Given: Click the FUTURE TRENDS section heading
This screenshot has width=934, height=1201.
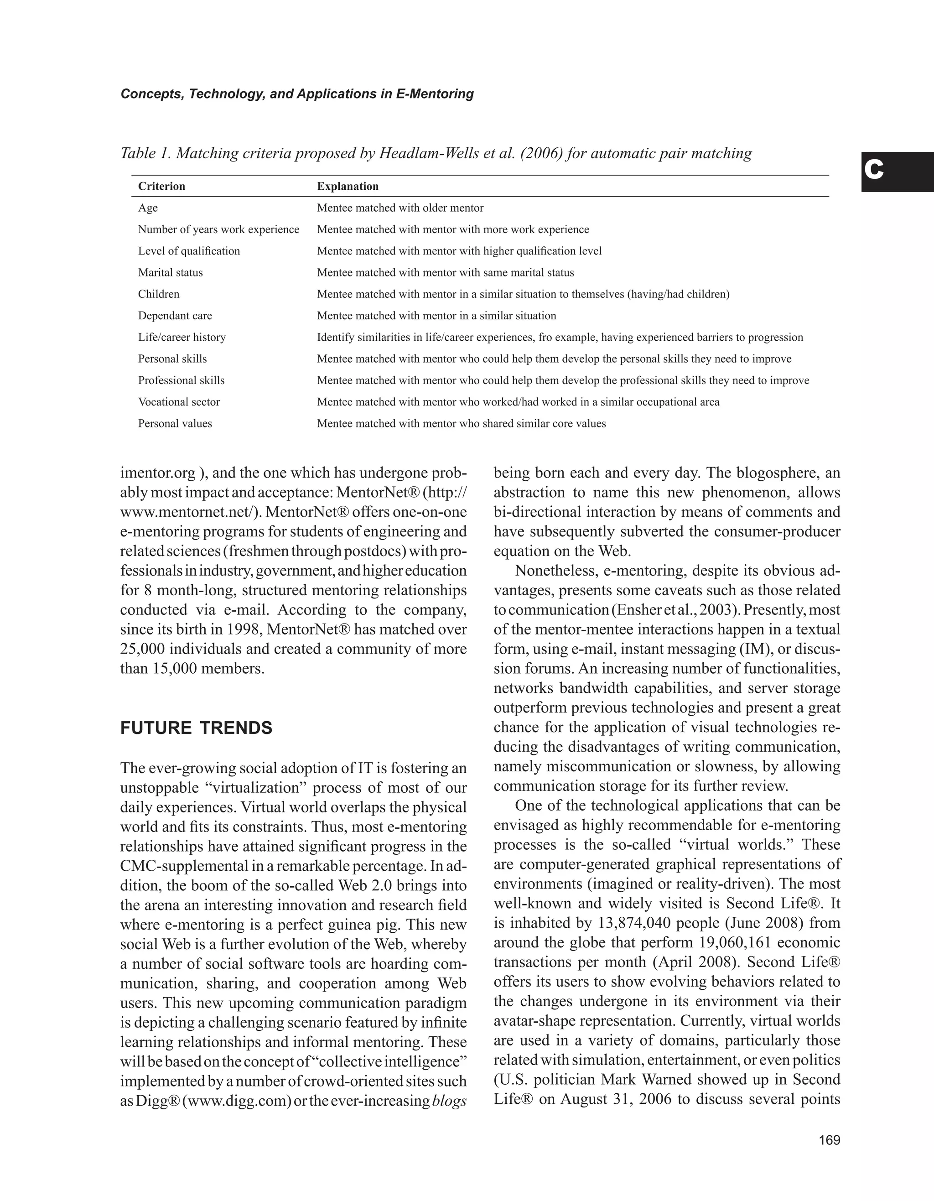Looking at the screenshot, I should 196,728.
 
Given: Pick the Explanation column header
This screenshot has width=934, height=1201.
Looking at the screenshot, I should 348,187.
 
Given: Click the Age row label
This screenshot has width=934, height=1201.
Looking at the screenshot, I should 148,208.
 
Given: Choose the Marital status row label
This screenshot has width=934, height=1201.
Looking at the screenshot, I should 171,273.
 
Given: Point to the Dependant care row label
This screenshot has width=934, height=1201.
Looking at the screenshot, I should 175,316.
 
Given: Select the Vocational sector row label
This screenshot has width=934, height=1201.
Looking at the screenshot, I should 179,402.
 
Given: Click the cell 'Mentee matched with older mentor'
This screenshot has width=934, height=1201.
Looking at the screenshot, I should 400,208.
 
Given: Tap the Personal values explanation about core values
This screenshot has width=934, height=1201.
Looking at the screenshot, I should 461,423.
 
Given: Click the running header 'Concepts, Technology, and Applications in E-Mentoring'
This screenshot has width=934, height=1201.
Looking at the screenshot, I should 297,94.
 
